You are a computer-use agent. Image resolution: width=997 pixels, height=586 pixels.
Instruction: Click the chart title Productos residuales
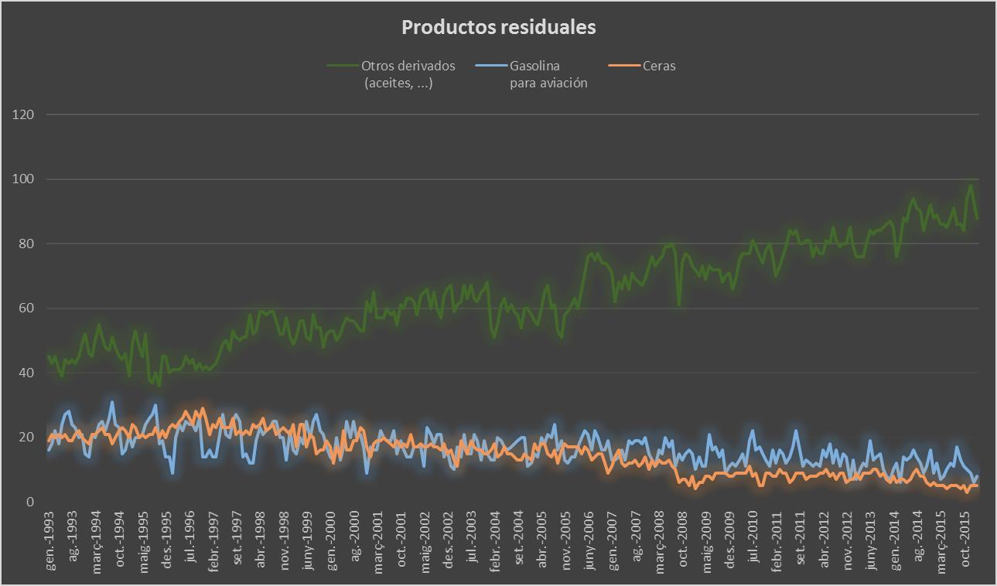click(x=498, y=27)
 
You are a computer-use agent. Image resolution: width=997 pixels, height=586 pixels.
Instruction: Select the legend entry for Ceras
click(x=658, y=66)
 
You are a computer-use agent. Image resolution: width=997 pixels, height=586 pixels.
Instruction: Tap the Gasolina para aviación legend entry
click(x=548, y=74)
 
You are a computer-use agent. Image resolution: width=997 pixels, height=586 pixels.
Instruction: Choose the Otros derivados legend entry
click(x=408, y=74)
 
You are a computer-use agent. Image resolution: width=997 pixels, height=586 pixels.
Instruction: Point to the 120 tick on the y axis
click(x=24, y=114)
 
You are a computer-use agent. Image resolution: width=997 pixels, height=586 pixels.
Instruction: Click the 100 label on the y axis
click(x=24, y=179)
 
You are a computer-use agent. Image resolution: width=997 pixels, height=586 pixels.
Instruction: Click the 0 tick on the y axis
click(x=30, y=502)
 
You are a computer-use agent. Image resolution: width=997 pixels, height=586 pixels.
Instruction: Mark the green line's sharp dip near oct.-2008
click(x=679, y=304)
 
